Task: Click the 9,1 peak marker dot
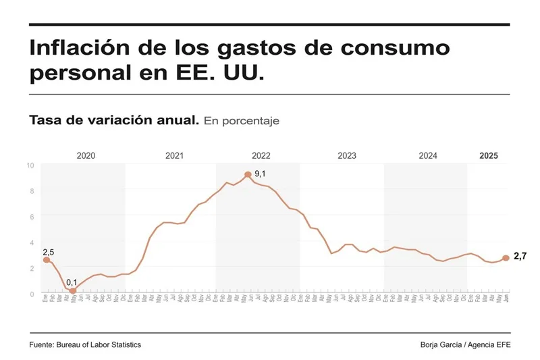[248, 174]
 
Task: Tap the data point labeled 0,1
[73, 291]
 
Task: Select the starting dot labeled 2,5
[46, 260]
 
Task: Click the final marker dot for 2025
[506, 258]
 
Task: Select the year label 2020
[86, 155]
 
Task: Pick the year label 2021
[174, 155]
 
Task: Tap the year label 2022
[261, 155]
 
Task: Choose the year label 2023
[347, 155]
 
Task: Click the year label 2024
[428, 155]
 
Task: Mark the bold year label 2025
[489, 155]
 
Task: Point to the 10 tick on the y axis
[30, 165]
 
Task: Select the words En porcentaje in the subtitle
[241, 121]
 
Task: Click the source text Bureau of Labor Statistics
[101, 345]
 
